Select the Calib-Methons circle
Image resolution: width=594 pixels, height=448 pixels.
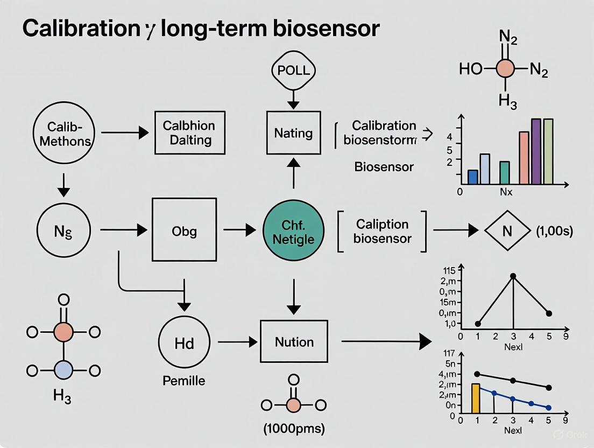click(63, 133)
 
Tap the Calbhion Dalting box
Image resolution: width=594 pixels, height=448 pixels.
click(188, 133)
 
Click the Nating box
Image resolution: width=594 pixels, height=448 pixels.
click(293, 132)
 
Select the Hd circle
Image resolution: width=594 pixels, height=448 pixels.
click(184, 342)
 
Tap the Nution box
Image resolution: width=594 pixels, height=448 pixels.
click(294, 341)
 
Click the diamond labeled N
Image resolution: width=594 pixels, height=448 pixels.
click(506, 232)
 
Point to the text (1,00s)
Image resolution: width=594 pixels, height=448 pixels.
click(554, 232)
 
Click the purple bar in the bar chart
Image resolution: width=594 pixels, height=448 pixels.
click(535, 152)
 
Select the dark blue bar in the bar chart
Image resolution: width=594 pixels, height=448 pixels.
click(473, 177)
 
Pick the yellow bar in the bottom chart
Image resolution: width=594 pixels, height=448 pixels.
click(475, 398)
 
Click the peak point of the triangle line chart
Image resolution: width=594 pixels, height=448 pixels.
click(513, 276)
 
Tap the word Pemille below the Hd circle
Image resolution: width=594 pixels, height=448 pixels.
click(183, 381)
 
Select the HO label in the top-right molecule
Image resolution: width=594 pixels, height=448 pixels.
click(471, 69)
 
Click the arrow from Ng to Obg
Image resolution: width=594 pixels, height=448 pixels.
click(124, 230)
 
